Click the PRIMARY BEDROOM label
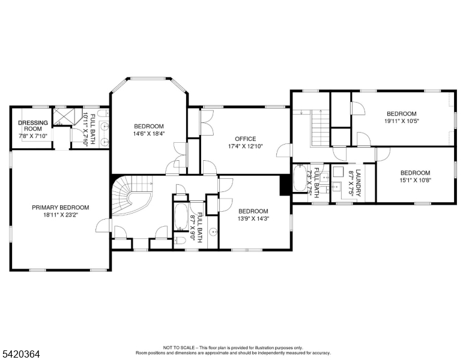[60, 208]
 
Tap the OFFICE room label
[246, 139]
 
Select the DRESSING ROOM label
[33, 125]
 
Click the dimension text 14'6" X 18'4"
[149, 134]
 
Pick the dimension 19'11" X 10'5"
[402, 121]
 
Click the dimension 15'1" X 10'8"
[416, 180]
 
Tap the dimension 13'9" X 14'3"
[253, 218]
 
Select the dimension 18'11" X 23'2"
[60, 215]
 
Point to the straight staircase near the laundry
[321, 128]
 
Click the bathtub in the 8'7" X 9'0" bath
[181, 217]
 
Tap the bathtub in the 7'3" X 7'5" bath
[300, 178]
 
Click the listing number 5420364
[22, 354]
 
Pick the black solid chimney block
[285, 185]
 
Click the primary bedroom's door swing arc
[102, 226]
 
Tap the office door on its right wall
[283, 150]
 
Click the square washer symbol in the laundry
[338, 172]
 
